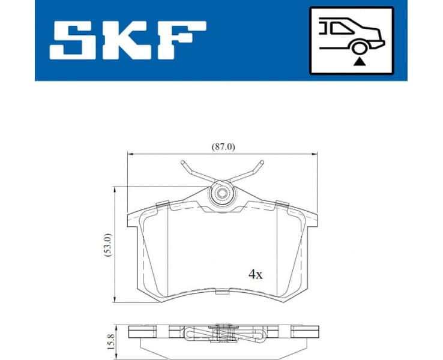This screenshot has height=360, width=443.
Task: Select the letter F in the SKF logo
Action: click(x=178, y=40)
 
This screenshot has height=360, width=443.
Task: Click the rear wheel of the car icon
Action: click(x=359, y=48)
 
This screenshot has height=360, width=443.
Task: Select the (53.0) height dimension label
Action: click(x=106, y=245)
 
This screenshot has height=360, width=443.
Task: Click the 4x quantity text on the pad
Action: click(x=256, y=274)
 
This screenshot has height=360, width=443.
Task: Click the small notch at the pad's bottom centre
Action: click(x=222, y=292)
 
